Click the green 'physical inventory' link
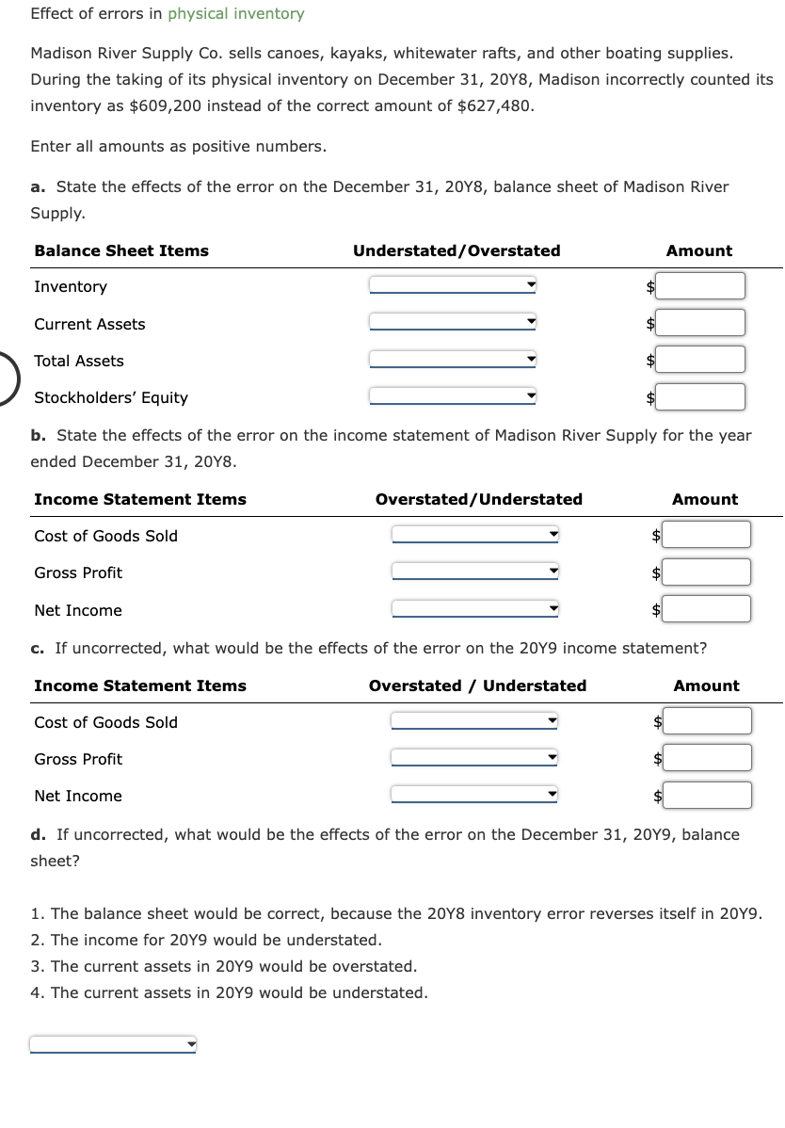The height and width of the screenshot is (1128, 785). click(236, 14)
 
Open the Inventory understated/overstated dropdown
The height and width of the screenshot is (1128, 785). click(453, 285)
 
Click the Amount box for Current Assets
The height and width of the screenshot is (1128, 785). click(700, 323)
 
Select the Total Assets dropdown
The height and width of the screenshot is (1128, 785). click(453, 360)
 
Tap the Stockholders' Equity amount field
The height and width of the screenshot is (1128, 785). click(700, 397)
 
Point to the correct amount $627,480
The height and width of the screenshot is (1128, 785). click(494, 105)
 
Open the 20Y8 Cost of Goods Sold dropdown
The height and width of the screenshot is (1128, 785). click(475, 536)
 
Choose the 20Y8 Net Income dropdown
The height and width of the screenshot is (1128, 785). click(475, 609)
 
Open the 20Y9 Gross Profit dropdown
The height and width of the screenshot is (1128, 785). click(475, 759)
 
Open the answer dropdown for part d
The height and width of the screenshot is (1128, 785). click(113, 1044)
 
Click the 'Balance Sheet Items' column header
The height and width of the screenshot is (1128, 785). click(121, 250)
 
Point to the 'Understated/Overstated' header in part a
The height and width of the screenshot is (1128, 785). click(457, 250)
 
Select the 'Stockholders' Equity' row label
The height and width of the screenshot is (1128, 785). click(111, 397)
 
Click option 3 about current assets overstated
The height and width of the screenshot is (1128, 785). click(223, 966)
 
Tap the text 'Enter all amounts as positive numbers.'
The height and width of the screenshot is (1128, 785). click(179, 146)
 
